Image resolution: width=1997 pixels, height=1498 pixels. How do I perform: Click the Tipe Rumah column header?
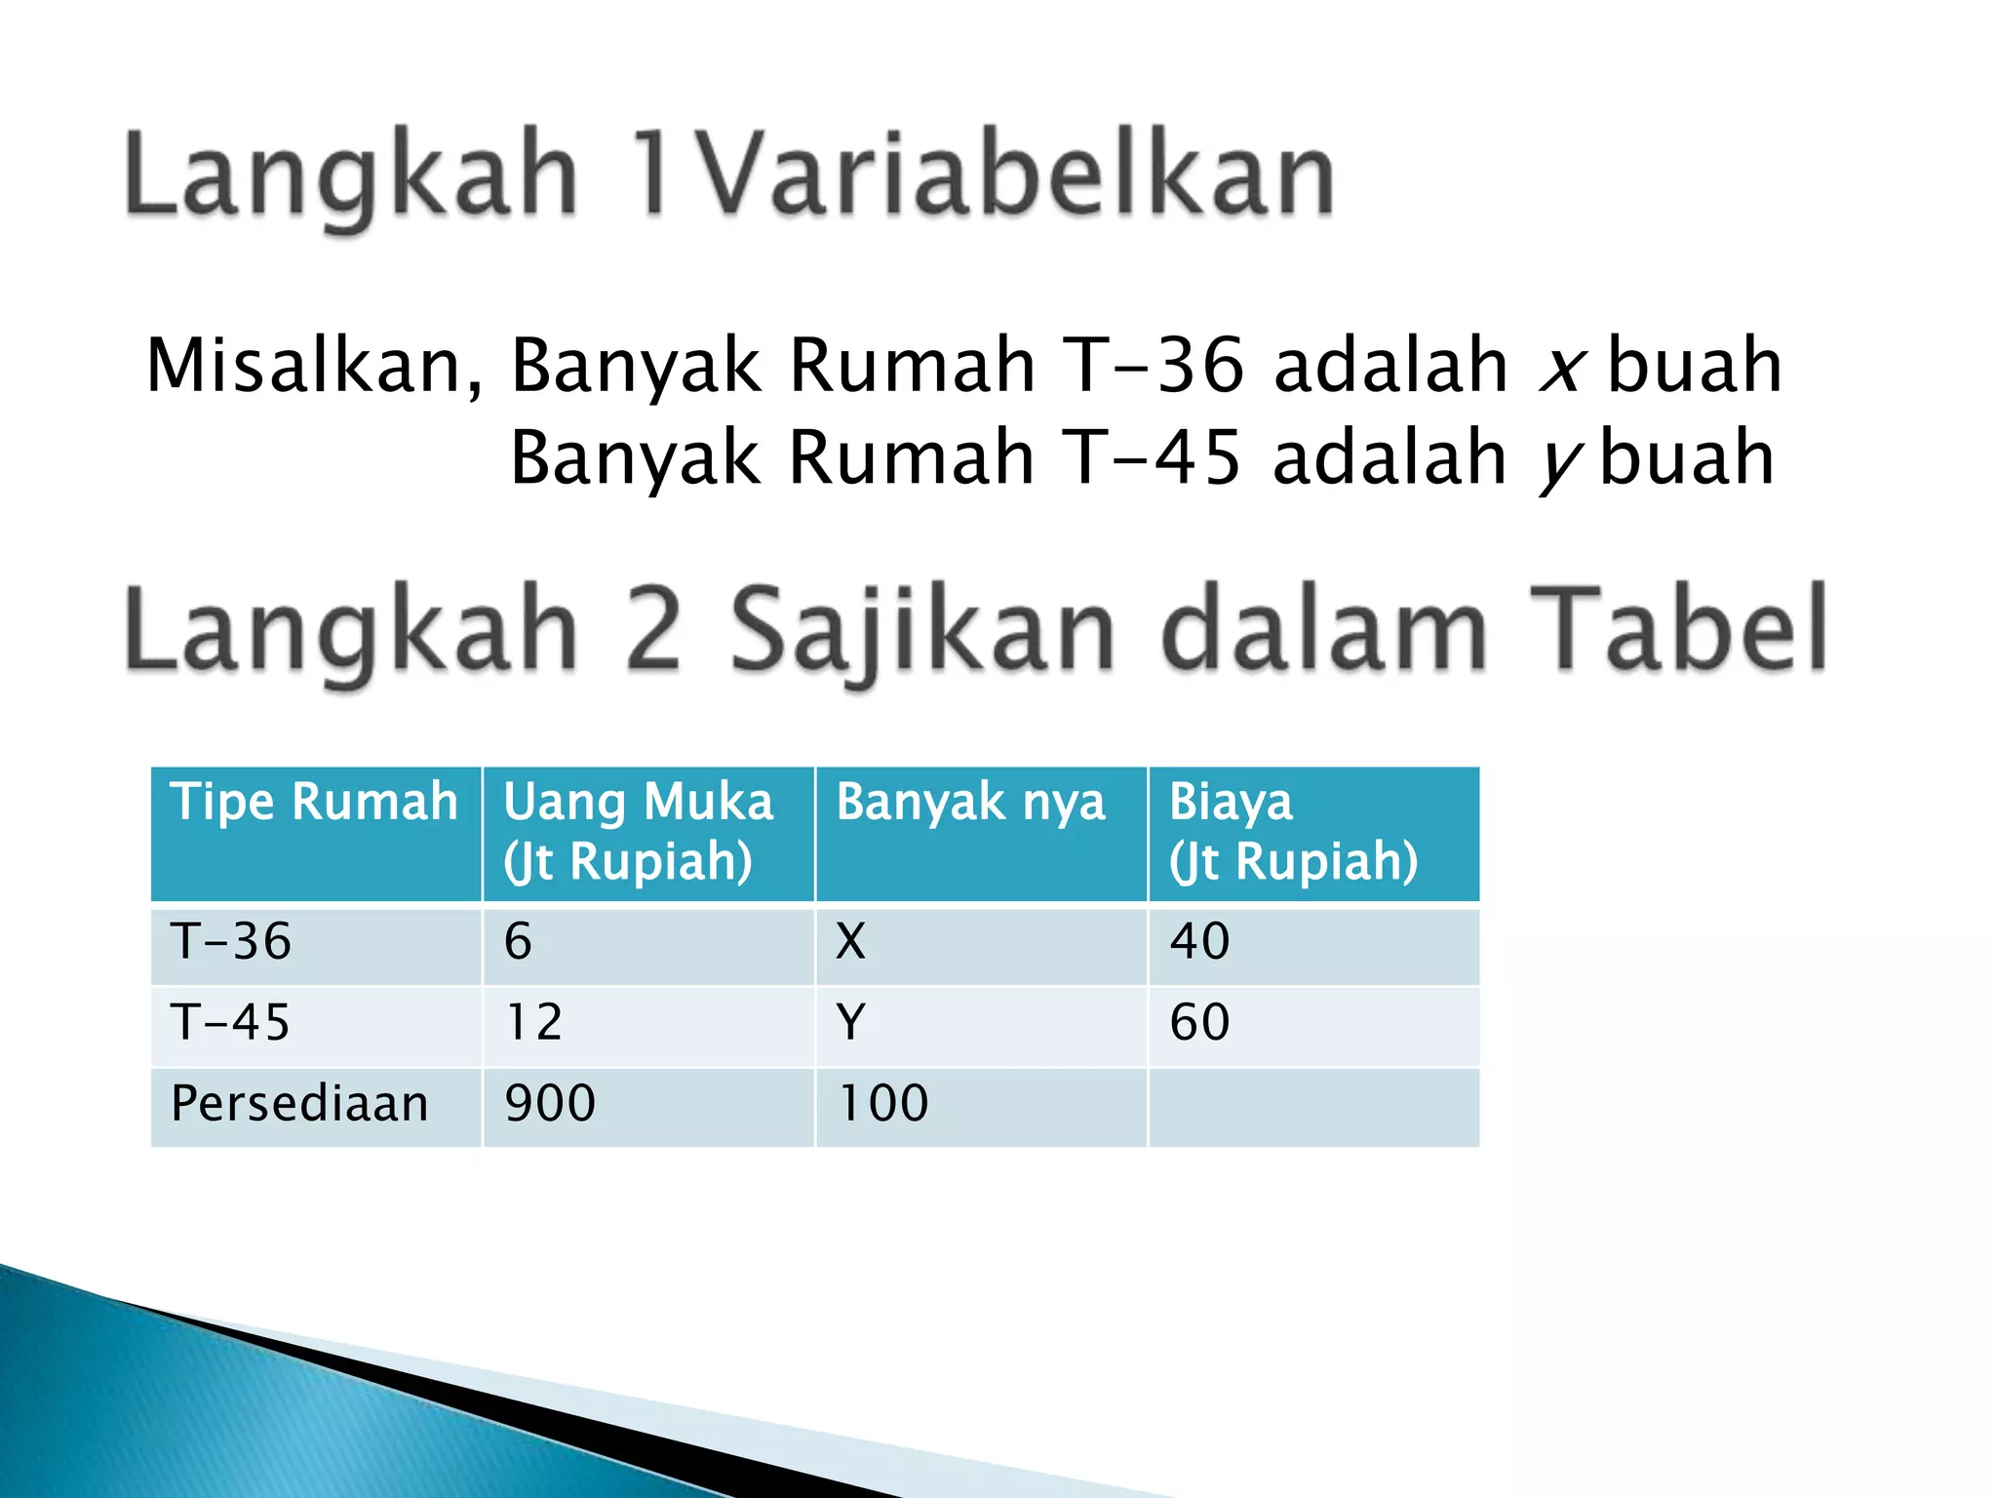[314, 803]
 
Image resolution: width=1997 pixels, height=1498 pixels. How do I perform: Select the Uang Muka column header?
[638, 831]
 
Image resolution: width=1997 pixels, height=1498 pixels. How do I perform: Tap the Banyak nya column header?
[970, 803]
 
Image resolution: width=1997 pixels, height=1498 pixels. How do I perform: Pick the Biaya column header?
[1293, 831]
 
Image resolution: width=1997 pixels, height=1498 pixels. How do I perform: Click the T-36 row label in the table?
[231, 942]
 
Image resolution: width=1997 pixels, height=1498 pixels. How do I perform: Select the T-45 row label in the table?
[231, 1023]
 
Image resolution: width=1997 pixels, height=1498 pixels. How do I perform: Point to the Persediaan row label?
[299, 1104]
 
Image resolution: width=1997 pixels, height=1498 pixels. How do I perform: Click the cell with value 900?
[550, 1104]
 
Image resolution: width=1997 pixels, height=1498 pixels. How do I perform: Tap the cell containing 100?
[883, 1104]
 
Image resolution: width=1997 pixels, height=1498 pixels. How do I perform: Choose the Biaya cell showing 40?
[1199, 942]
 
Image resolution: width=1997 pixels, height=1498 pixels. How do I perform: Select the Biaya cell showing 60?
[1199, 1023]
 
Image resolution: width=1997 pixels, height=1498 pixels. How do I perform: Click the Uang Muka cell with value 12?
[534, 1023]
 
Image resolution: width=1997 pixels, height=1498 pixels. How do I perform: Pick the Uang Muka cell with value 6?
[518, 942]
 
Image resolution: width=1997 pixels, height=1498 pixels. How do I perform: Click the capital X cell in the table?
[850, 942]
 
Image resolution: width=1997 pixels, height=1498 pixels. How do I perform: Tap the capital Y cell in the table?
[850, 1023]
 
